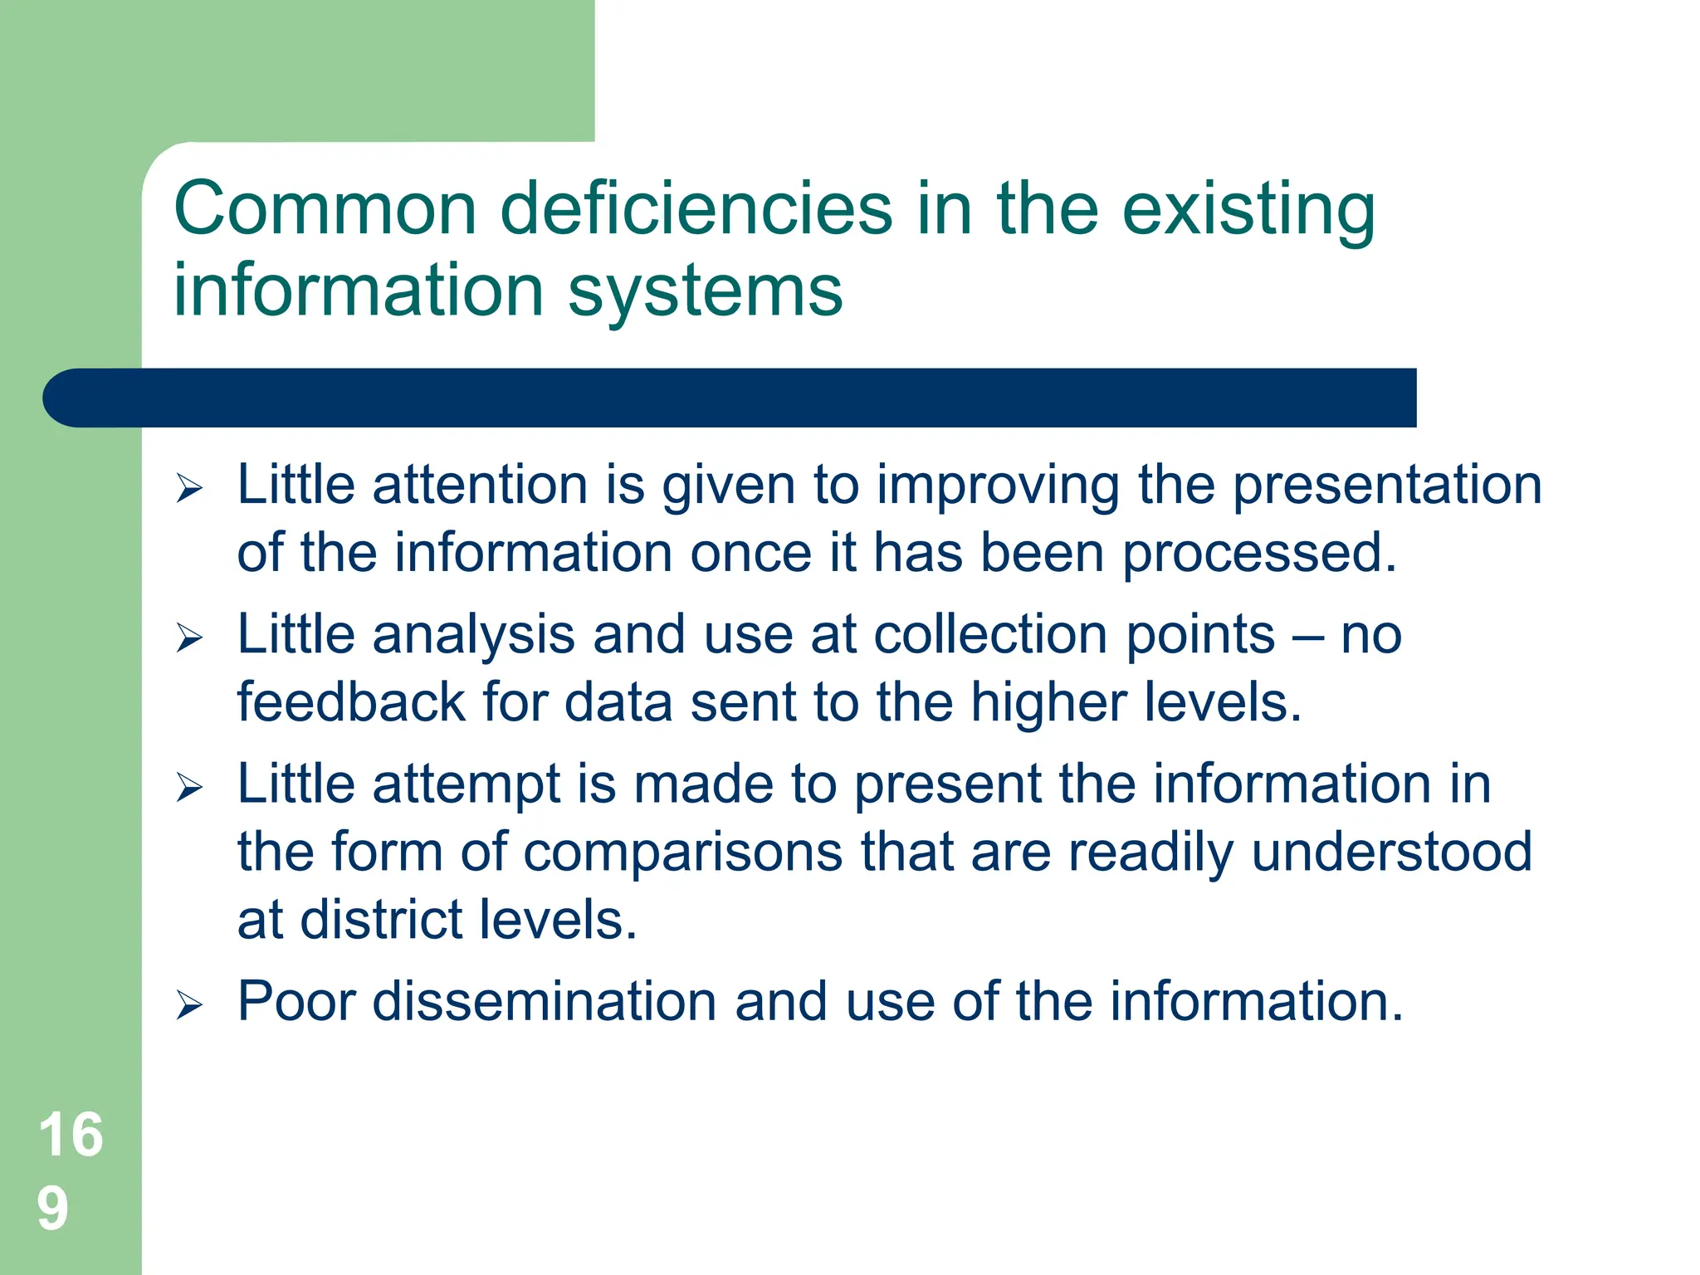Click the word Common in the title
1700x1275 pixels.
click(325, 208)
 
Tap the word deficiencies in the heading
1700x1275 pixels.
click(696, 208)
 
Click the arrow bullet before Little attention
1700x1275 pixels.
click(189, 488)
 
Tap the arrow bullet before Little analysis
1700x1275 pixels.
click(189, 638)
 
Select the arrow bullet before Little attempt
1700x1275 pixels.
click(189, 787)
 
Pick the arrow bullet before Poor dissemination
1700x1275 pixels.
click(189, 1005)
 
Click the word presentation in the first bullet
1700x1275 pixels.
click(1387, 485)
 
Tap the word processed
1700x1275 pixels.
click(1259, 553)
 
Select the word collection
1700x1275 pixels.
click(991, 635)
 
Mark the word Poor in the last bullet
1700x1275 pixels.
click(296, 1001)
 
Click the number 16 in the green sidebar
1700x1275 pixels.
click(71, 1135)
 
